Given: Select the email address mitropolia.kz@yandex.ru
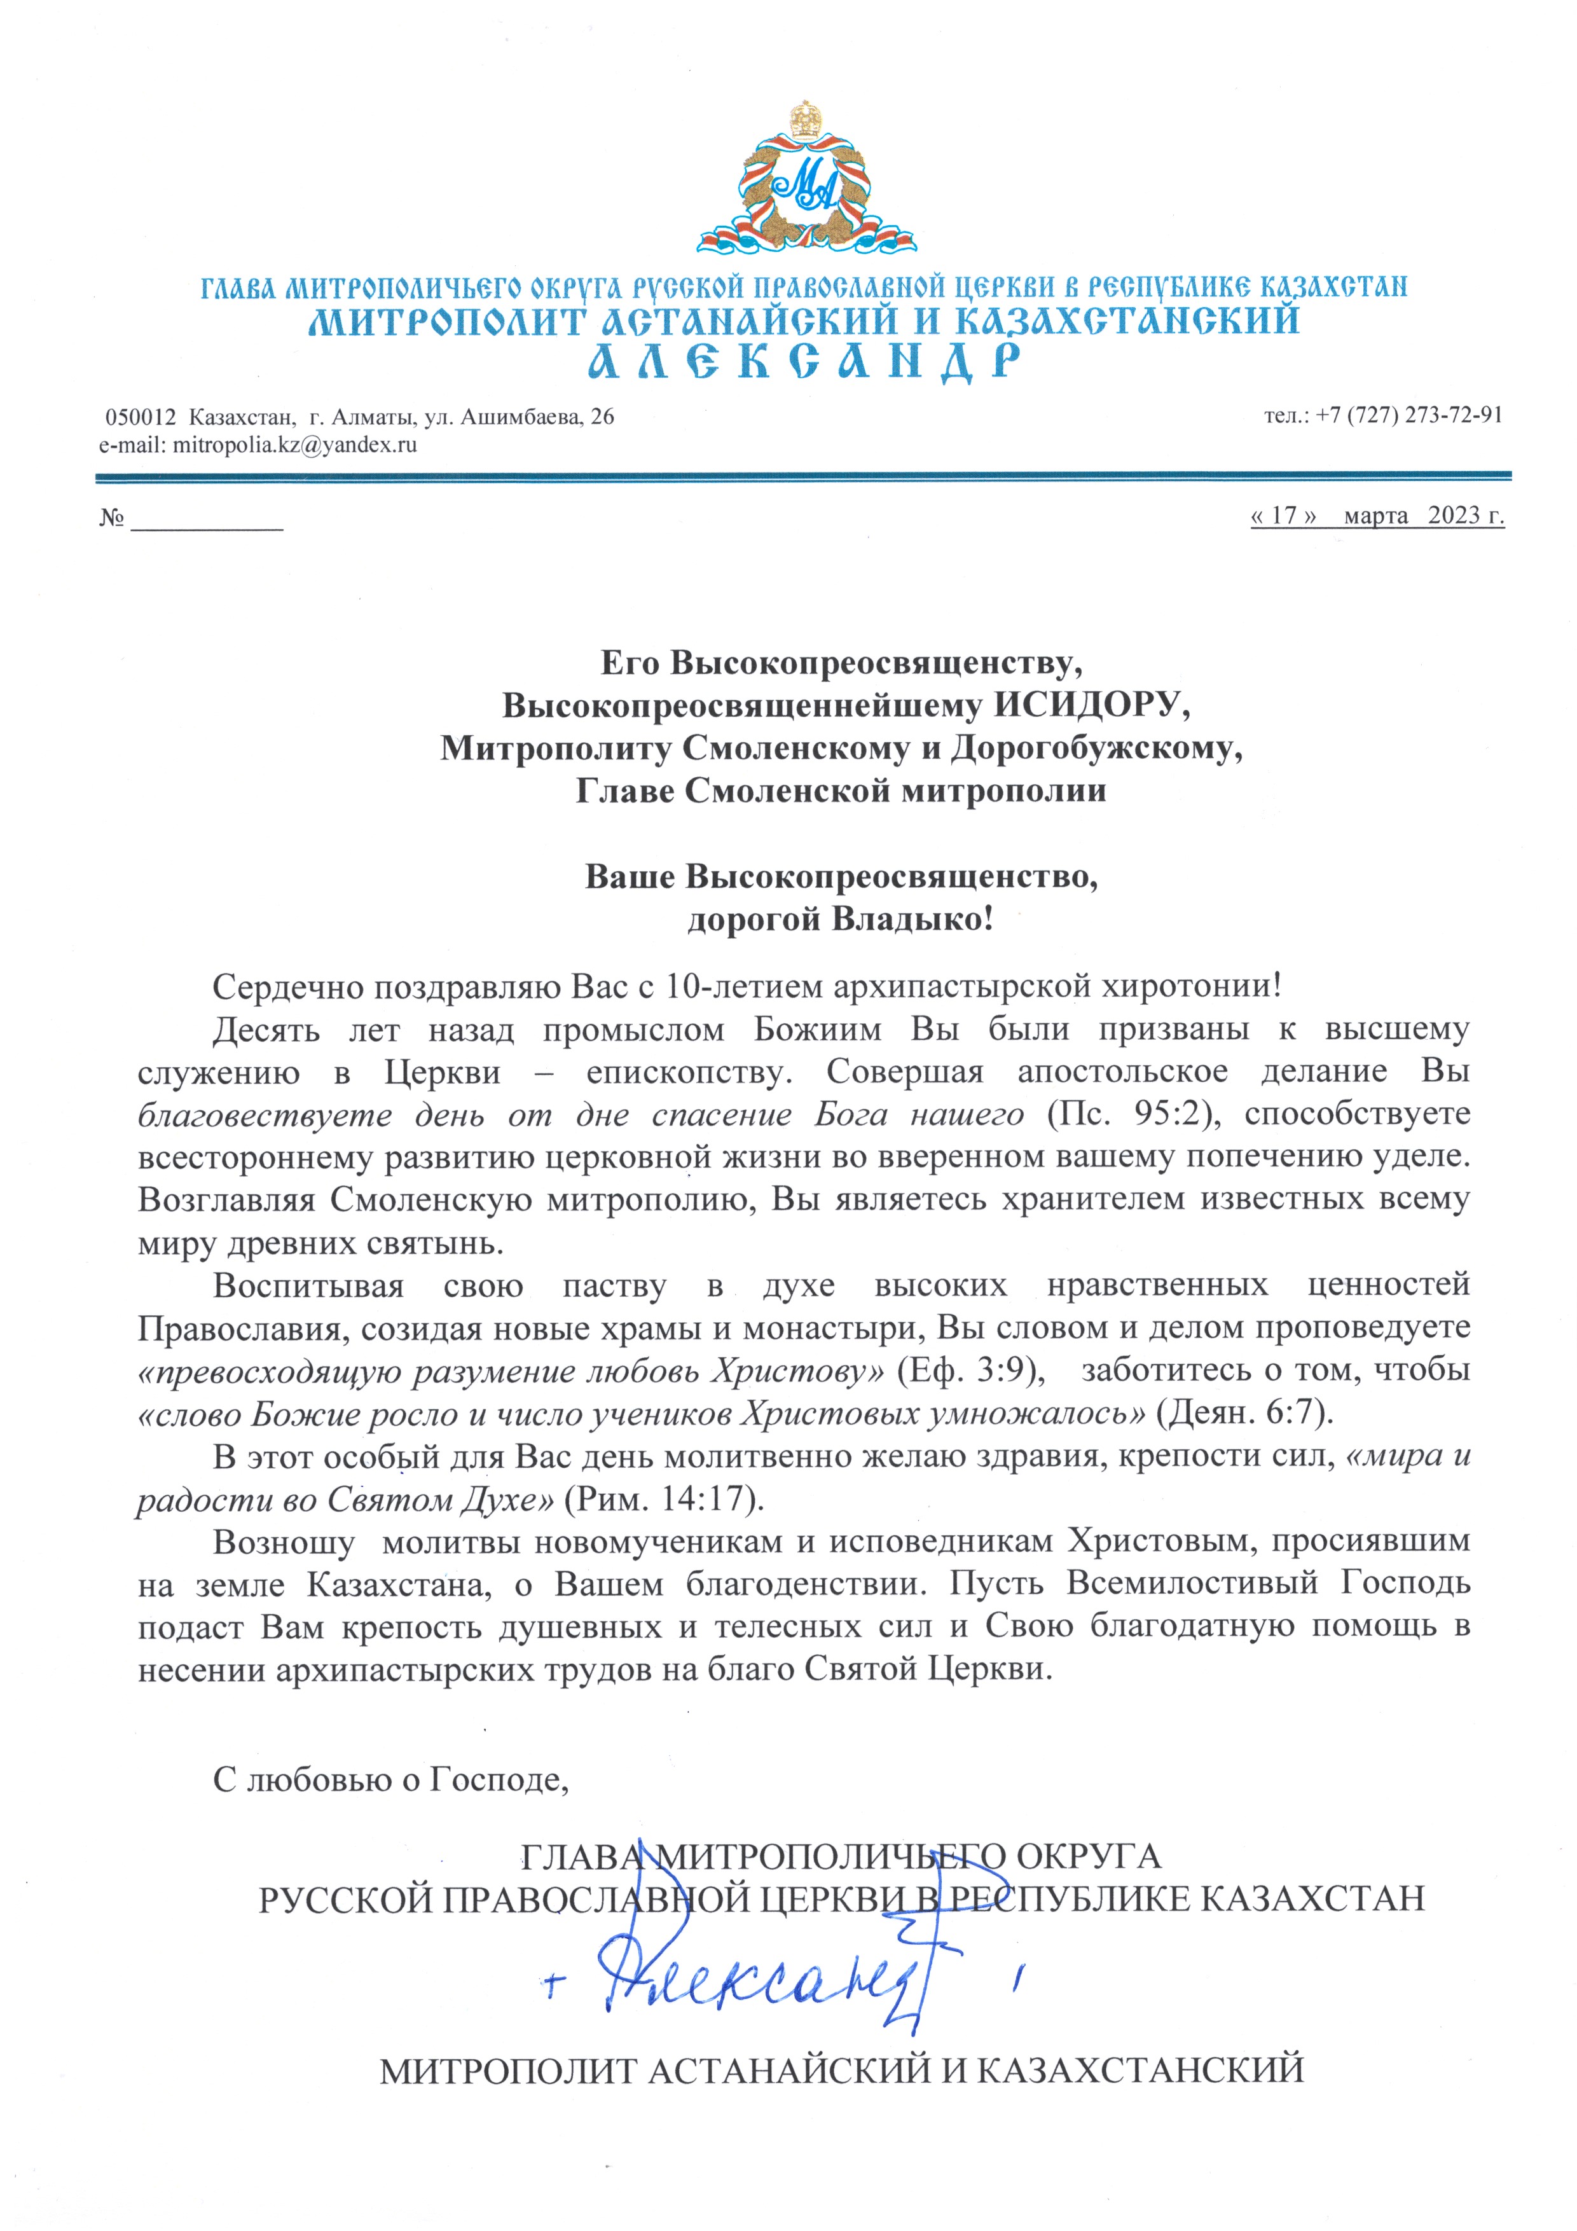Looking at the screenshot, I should (294, 445).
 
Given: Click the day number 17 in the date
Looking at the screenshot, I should (1284, 515).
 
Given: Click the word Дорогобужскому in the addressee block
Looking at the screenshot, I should (1096, 747).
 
